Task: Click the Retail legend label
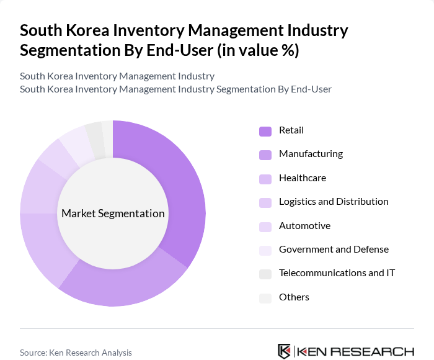(x=291, y=130)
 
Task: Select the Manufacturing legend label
(x=311, y=154)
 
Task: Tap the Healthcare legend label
(x=302, y=178)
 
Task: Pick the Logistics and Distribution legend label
(x=334, y=202)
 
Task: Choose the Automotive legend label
(x=304, y=226)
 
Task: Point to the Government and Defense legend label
(x=334, y=250)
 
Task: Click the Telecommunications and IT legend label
(x=337, y=273)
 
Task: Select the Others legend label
(x=294, y=297)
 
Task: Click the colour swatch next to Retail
(x=265, y=131)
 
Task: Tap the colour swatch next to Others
(x=265, y=298)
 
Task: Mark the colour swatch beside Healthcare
(x=265, y=179)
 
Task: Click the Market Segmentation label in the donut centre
(x=113, y=214)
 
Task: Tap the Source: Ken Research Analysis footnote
(x=76, y=353)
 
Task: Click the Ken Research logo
(x=345, y=351)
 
